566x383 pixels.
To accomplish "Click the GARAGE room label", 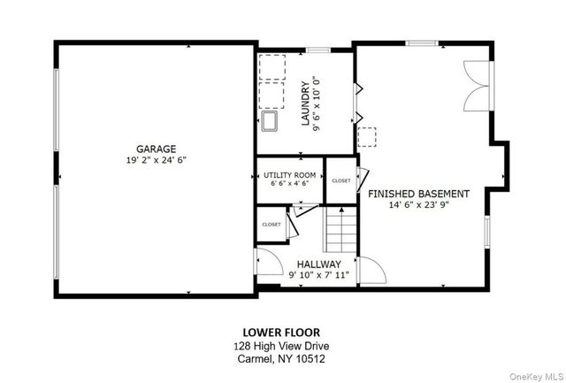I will point(156,149).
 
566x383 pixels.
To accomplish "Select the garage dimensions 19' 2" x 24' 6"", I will point(156,160).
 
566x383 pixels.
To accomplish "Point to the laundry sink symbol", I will point(271,121).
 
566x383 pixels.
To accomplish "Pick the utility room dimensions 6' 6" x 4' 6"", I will point(289,185).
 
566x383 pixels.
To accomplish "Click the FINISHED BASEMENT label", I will point(418,193).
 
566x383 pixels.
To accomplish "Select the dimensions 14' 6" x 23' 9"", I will point(418,205).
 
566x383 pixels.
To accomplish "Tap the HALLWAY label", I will point(318,264).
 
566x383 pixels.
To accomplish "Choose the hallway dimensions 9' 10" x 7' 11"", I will point(318,275).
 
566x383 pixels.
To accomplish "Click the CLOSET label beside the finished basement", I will point(340,180).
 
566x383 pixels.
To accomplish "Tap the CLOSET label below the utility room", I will point(271,225).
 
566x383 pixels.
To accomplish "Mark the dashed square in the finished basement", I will point(367,137).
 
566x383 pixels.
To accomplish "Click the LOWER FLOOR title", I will point(282,333).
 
